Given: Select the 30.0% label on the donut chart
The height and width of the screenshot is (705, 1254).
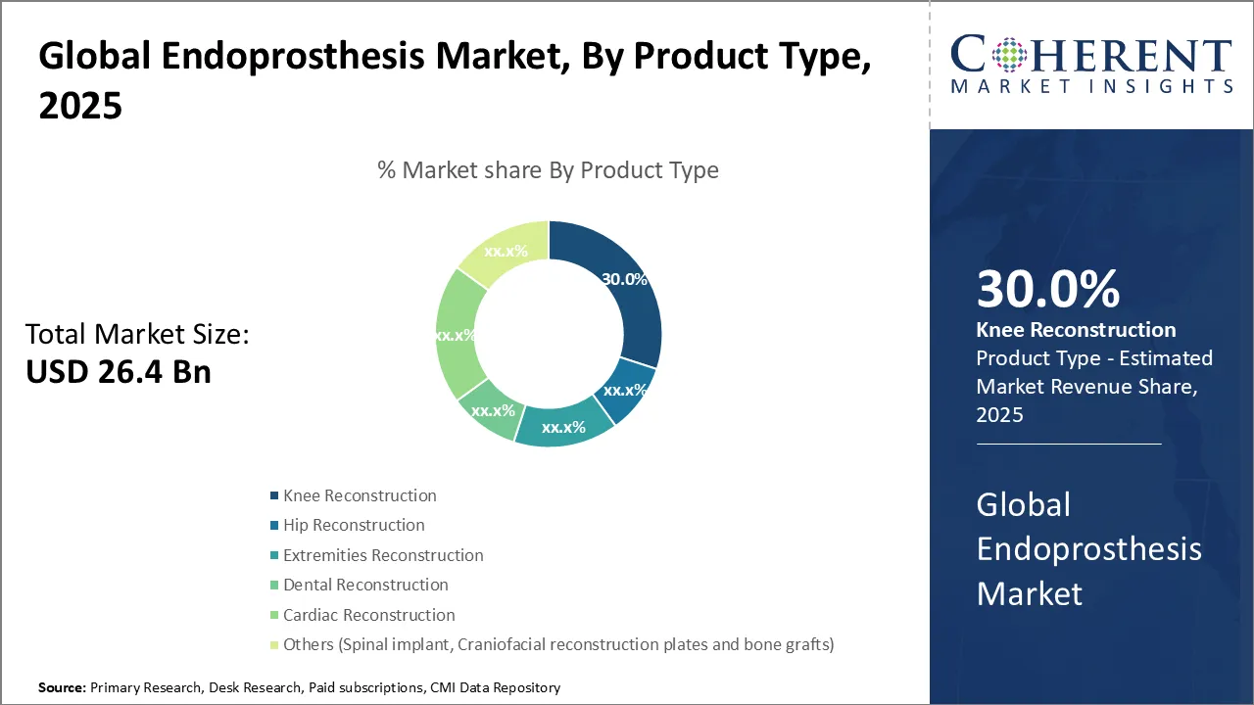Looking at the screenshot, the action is [x=624, y=279].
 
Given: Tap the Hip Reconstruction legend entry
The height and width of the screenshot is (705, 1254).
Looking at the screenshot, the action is [x=348, y=525].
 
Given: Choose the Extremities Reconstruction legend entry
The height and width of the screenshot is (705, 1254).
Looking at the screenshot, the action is [x=377, y=555].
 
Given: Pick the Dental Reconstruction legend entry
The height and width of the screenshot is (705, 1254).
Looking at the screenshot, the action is [x=360, y=585].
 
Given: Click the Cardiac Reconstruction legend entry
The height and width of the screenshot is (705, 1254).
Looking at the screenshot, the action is [x=362, y=615].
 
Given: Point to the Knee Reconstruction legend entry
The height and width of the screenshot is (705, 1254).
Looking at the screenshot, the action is [x=354, y=495].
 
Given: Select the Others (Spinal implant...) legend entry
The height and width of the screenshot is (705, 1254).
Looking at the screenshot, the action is [x=552, y=644].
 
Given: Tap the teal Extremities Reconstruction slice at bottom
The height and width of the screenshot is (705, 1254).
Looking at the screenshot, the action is [x=562, y=426].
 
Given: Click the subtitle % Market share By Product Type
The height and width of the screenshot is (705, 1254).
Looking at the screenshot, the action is [x=548, y=170].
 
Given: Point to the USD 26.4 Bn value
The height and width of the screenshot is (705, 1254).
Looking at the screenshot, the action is [x=119, y=371].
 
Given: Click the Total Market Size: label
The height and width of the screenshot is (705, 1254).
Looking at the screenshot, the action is [x=137, y=334].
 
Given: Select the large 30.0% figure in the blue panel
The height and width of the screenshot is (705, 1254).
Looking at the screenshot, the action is [x=1048, y=289].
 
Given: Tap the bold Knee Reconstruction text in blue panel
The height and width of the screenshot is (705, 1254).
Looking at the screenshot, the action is [x=1076, y=330].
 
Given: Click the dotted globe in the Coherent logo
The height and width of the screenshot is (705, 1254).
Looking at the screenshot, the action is [x=1009, y=54].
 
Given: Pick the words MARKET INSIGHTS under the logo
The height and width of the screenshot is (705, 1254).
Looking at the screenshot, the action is [x=1091, y=86].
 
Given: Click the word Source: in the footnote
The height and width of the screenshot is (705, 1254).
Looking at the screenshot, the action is [x=62, y=687].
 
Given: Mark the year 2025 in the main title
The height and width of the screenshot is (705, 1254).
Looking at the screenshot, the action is [x=80, y=105].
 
